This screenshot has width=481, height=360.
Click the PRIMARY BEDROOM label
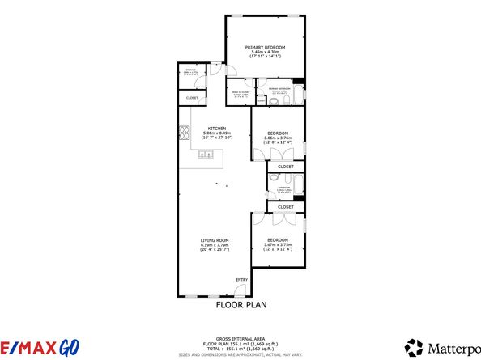click(x=266, y=48)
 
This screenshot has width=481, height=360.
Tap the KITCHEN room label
click(x=216, y=129)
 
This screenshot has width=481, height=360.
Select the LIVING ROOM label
click(x=215, y=239)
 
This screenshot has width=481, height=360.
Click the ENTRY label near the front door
click(x=240, y=280)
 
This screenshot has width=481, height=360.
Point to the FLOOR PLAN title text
click(x=240, y=306)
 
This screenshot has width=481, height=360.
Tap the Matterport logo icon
click(x=415, y=347)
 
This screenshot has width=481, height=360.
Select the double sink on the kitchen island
click(x=206, y=155)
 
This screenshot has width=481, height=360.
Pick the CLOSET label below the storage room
click(x=192, y=98)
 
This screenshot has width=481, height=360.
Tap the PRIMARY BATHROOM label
click(x=279, y=89)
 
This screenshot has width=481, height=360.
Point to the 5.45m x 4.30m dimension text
click(x=266, y=53)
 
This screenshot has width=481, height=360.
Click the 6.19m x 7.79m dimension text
click(x=215, y=244)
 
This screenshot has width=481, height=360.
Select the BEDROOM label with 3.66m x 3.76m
click(x=279, y=133)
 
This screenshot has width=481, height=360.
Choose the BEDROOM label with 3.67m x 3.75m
click(x=279, y=239)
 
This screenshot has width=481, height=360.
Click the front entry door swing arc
click(x=242, y=289)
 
